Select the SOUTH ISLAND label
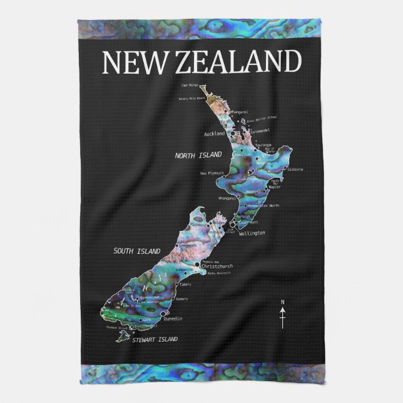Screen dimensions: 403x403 [x=137, y=251]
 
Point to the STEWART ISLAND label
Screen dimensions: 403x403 [x=155, y=339]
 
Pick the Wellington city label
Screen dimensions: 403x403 [x=252, y=233]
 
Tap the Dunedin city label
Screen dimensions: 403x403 [x=172, y=319]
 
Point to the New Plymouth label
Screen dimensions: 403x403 [x=212, y=173]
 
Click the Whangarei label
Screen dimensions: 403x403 [x=240, y=112]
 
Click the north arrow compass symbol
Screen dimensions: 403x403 [x=282, y=315]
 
